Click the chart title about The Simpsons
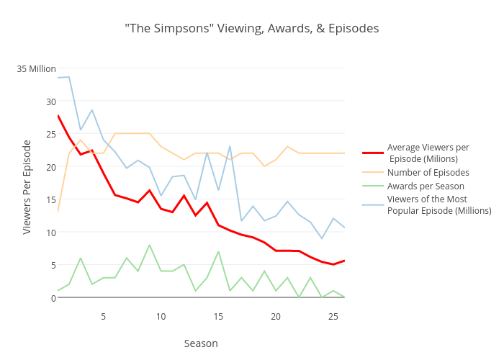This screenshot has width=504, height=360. (251, 29)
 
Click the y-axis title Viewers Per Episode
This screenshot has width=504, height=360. (27, 186)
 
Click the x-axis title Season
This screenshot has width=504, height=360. (201, 343)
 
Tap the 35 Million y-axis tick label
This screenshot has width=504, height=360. (37, 68)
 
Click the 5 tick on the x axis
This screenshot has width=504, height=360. (104, 317)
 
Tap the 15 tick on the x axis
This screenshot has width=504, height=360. (218, 317)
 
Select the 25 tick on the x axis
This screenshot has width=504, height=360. (333, 317)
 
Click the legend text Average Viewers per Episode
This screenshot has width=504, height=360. (428, 153)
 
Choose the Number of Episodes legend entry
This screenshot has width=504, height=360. (428, 173)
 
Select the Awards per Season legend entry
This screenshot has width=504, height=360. (426, 186)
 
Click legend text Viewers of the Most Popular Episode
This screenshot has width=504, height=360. (438, 204)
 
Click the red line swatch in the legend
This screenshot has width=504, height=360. (372, 153)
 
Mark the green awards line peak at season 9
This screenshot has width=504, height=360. (150, 246)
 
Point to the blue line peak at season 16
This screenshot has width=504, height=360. (230, 147)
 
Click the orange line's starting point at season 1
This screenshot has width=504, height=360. (58, 212)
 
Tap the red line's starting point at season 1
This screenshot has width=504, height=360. (58, 115)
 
